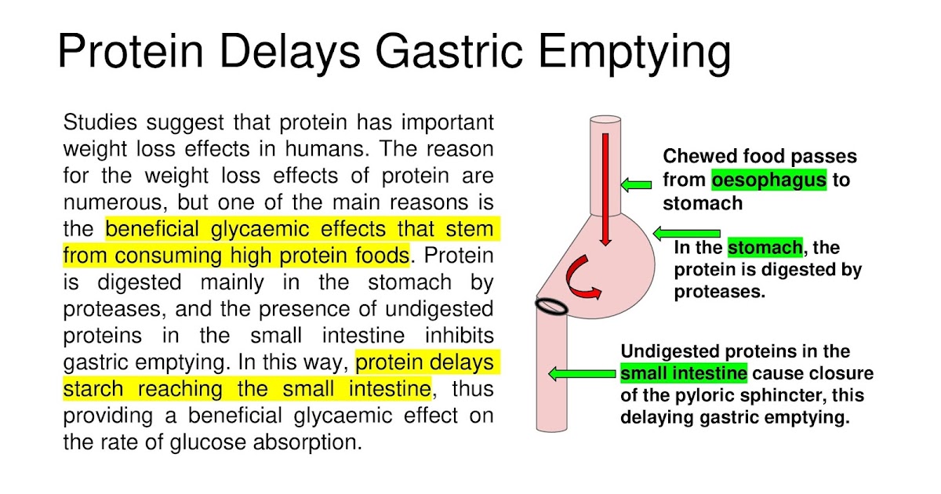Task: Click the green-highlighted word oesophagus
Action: (768, 180)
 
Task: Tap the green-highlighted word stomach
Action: (765, 249)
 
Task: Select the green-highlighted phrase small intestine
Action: (683, 373)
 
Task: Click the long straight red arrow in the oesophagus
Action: (606, 188)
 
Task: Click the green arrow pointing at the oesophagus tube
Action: (636, 185)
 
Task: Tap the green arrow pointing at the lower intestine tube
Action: (581, 374)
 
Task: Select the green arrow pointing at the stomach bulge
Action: (686, 234)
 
